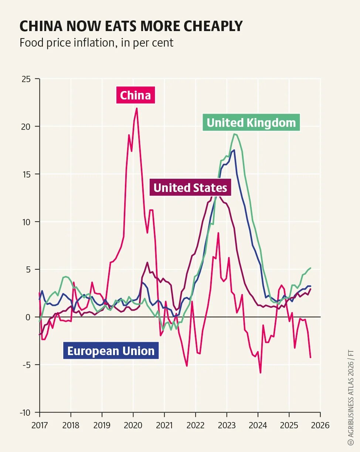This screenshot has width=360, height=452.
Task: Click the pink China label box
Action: click(135, 95)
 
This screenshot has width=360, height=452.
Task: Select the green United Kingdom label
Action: click(251, 122)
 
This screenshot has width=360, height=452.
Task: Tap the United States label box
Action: click(190, 188)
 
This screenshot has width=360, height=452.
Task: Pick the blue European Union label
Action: click(111, 351)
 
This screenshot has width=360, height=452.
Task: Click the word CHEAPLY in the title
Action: click(213, 26)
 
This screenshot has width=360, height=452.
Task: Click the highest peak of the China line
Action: click(137, 108)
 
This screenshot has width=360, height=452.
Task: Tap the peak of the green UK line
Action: click(234, 134)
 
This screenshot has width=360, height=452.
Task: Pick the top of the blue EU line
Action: click(234, 150)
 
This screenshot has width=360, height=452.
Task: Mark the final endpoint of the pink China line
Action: click(310, 357)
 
